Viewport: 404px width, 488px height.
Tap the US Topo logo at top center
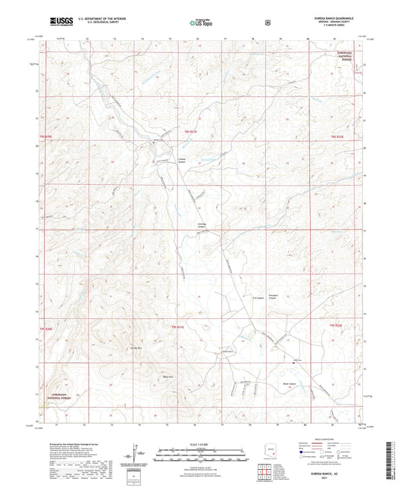point(201,23)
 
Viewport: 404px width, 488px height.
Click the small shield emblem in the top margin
point(268,23)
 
